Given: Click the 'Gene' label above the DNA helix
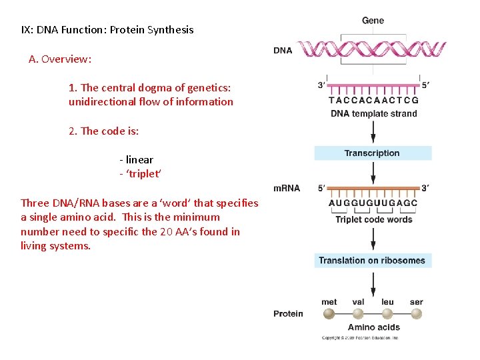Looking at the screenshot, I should click(x=373, y=21).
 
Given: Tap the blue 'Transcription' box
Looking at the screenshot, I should click(x=373, y=153).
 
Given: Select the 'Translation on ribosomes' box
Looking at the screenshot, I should click(x=373, y=261).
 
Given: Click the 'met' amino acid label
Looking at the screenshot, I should click(x=329, y=302).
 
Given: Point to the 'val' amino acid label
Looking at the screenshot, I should click(x=358, y=302).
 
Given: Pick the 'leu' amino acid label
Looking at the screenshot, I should click(x=387, y=302).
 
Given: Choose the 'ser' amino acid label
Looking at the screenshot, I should click(x=416, y=302).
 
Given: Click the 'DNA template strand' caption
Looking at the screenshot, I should click(x=373, y=113).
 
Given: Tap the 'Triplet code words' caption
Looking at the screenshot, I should click(x=373, y=219).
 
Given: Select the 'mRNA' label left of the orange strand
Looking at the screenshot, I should click(x=287, y=187).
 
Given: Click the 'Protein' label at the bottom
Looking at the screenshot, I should click(x=288, y=313).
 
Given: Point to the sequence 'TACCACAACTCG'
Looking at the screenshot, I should click(x=373, y=100).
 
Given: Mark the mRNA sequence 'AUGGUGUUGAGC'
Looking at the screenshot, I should click(x=373, y=203).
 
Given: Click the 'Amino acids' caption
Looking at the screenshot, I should click(x=373, y=327).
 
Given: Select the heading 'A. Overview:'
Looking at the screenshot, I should click(x=60, y=59).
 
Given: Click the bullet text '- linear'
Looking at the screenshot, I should click(x=136, y=160).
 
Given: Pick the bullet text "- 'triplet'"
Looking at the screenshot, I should click(x=140, y=174).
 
